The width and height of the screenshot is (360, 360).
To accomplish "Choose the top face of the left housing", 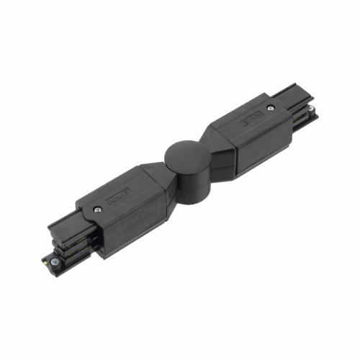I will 122,187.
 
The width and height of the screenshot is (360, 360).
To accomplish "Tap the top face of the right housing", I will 241,119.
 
